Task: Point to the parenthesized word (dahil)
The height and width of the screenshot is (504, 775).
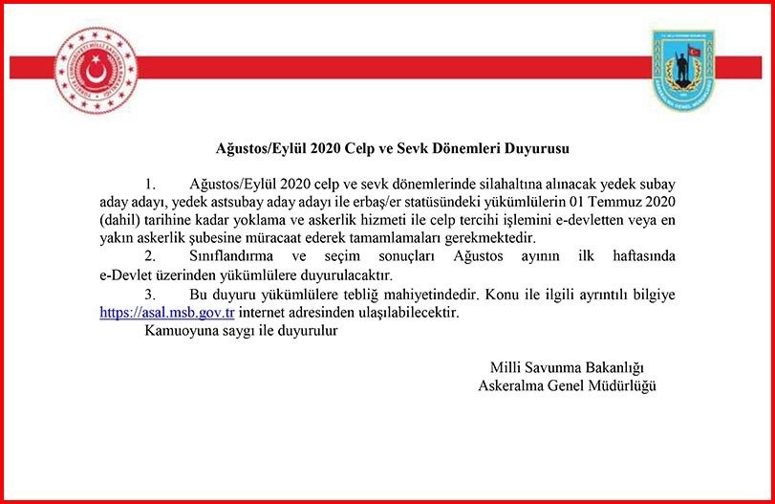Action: click(120, 219)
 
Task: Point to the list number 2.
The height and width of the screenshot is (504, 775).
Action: click(149, 257)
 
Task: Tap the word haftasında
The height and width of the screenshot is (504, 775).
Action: click(640, 257)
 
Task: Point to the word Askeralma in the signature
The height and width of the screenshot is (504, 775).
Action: click(514, 386)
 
